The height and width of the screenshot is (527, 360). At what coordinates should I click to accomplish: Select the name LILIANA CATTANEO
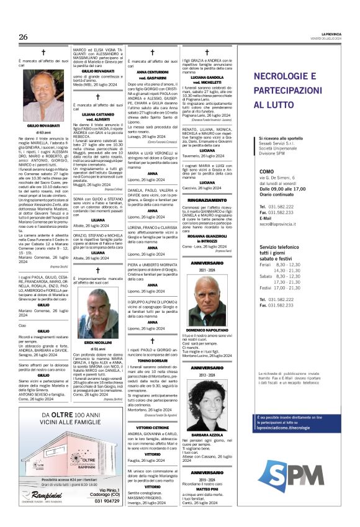pos(97,115)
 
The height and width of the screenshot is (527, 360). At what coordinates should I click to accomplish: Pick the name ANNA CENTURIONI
pos(152,73)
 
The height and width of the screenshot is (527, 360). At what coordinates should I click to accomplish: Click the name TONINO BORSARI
pos(152,360)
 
